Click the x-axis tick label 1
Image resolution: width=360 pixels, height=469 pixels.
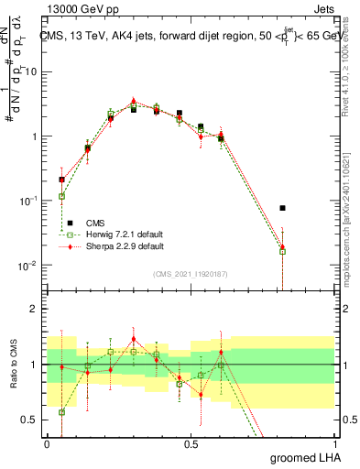pos(336,442)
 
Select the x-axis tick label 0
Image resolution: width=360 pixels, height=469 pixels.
pos(47,442)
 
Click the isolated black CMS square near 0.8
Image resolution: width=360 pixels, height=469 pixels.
pos(283,208)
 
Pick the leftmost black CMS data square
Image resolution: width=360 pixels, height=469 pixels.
pos(61,180)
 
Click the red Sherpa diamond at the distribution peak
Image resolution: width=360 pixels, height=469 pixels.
pos(134,101)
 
